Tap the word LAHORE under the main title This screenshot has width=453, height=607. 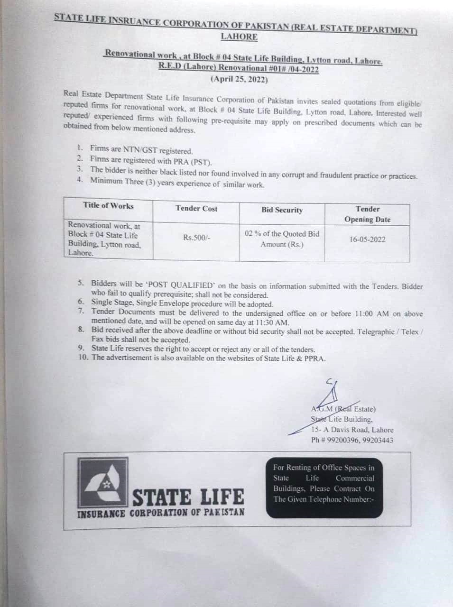pyautogui.click(x=239, y=37)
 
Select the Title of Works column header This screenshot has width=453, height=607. pyautogui.click(x=108, y=205)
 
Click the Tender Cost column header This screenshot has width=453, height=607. pyautogui.click(x=196, y=208)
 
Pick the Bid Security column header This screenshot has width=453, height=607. pyautogui.click(x=282, y=210)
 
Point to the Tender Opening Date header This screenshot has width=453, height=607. pyautogui.click(x=368, y=214)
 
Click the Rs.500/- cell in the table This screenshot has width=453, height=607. pyautogui.click(x=196, y=238)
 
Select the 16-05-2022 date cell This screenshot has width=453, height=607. pyautogui.click(x=367, y=239)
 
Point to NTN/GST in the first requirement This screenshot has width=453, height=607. pyautogui.click(x=140, y=150)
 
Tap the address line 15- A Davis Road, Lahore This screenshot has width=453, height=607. pyautogui.click(x=352, y=430)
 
